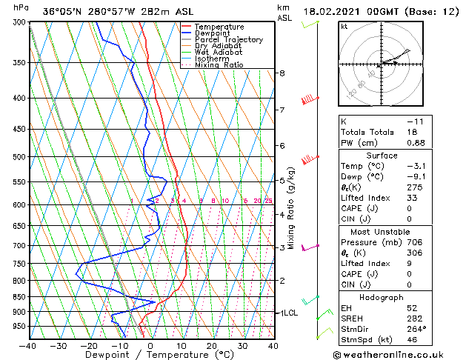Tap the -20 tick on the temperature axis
[89, 345]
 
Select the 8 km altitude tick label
[282, 73]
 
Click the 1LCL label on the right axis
[287, 313]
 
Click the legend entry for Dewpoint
[214, 33]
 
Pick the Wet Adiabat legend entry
[219, 53]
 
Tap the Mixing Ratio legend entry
[219, 65]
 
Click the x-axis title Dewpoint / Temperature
[151, 355]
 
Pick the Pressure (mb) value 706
[415, 242]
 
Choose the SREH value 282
[415, 319]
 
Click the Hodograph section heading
[382, 296]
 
